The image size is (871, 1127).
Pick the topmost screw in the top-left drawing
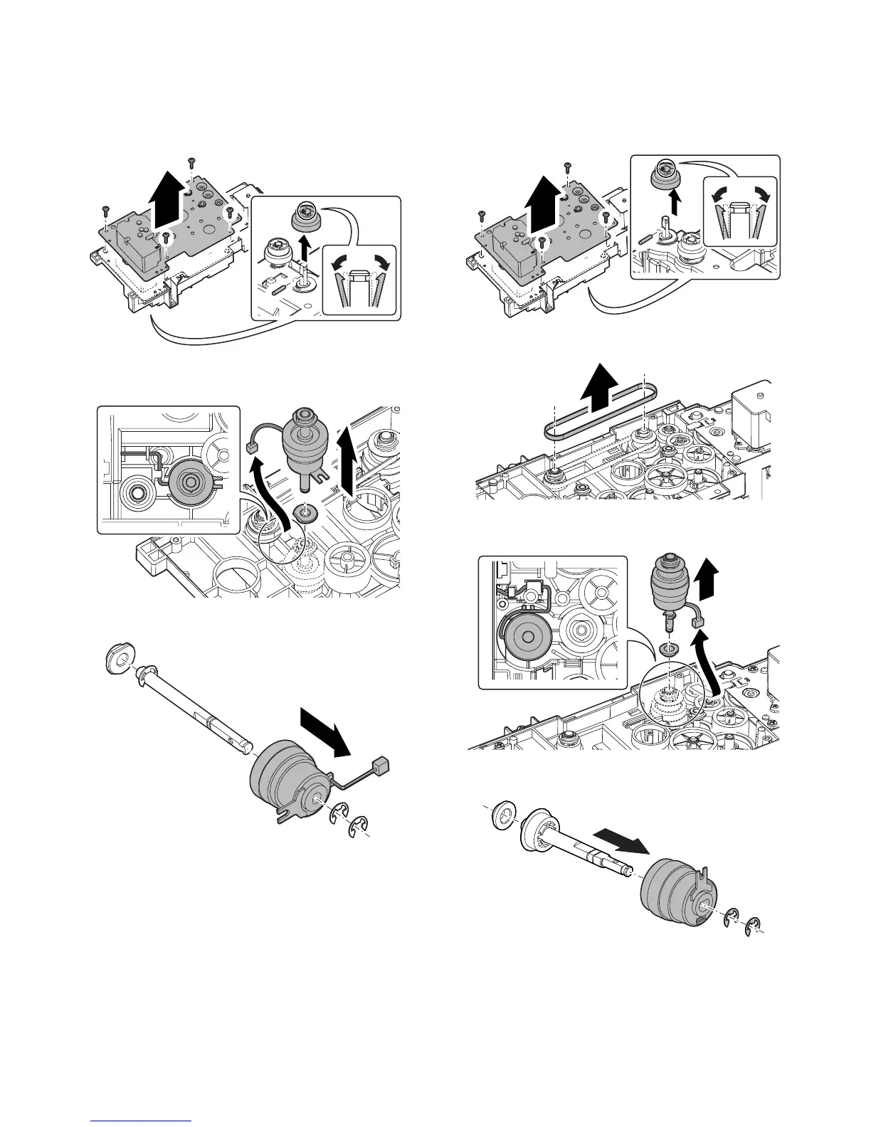pyautogui.click(x=191, y=162)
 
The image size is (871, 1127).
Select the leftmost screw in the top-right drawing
pyautogui.click(x=482, y=214)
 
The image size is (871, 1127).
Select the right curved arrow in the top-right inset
pyautogui.click(x=761, y=193)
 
